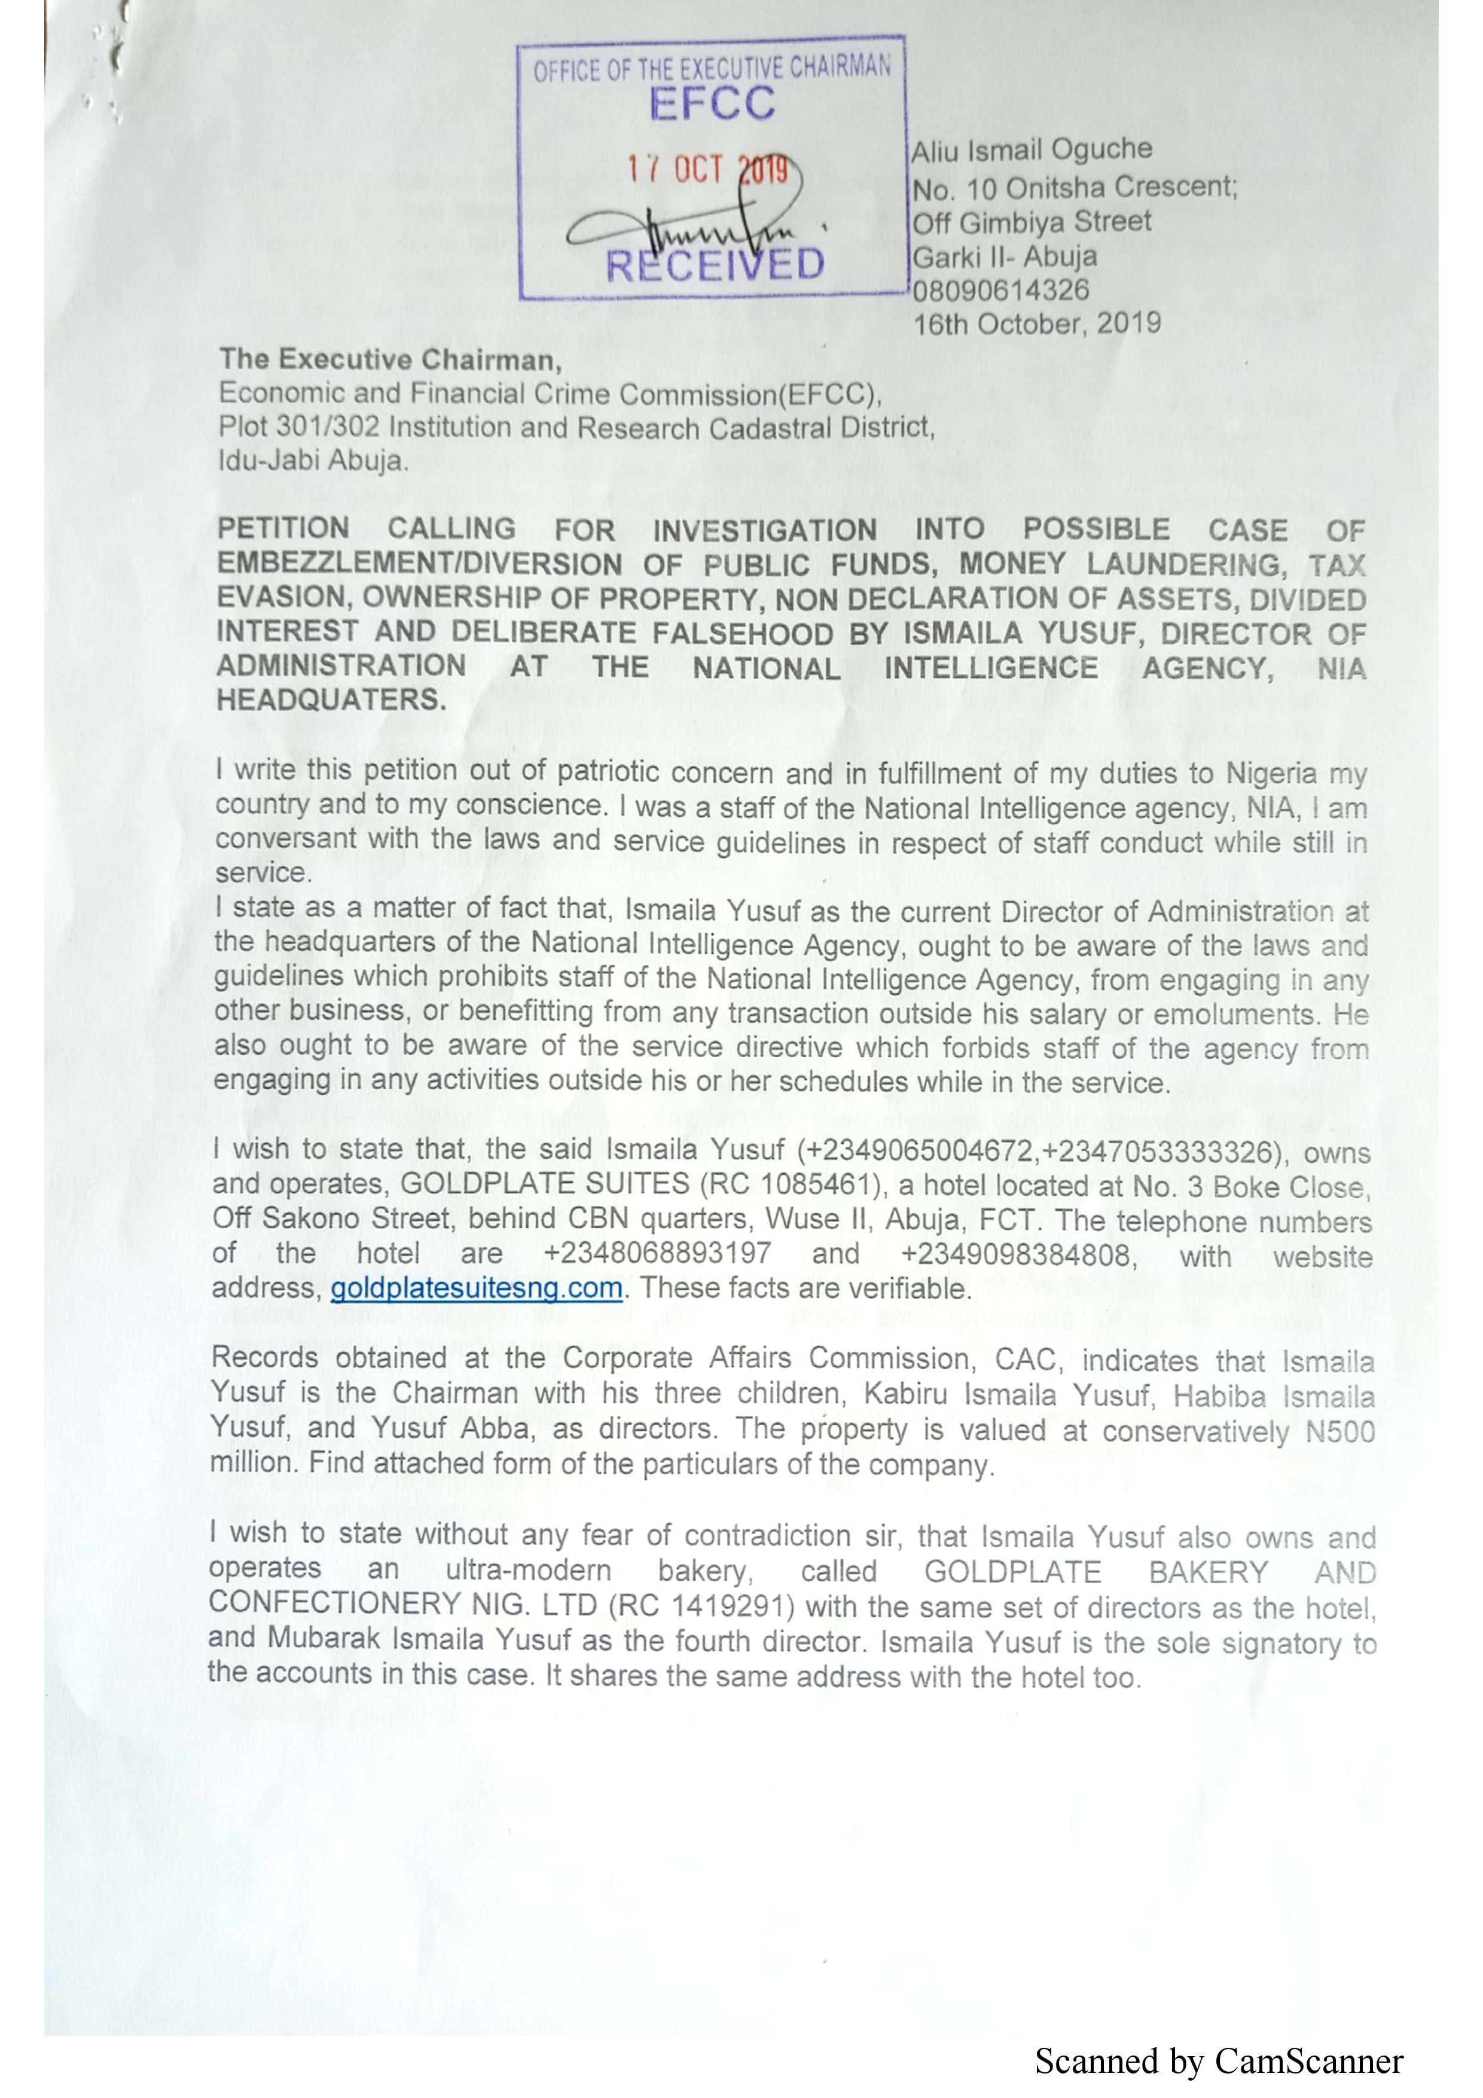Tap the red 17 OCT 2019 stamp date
point(706,169)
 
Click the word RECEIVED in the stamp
point(715,265)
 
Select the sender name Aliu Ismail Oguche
point(1032,150)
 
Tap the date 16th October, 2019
point(1037,323)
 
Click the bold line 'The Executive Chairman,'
point(390,360)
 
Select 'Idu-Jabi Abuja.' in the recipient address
point(313,460)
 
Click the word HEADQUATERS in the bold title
point(331,700)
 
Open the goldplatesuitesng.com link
point(476,1288)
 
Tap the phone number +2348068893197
point(657,1254)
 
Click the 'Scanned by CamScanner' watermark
point(1218,2062)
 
